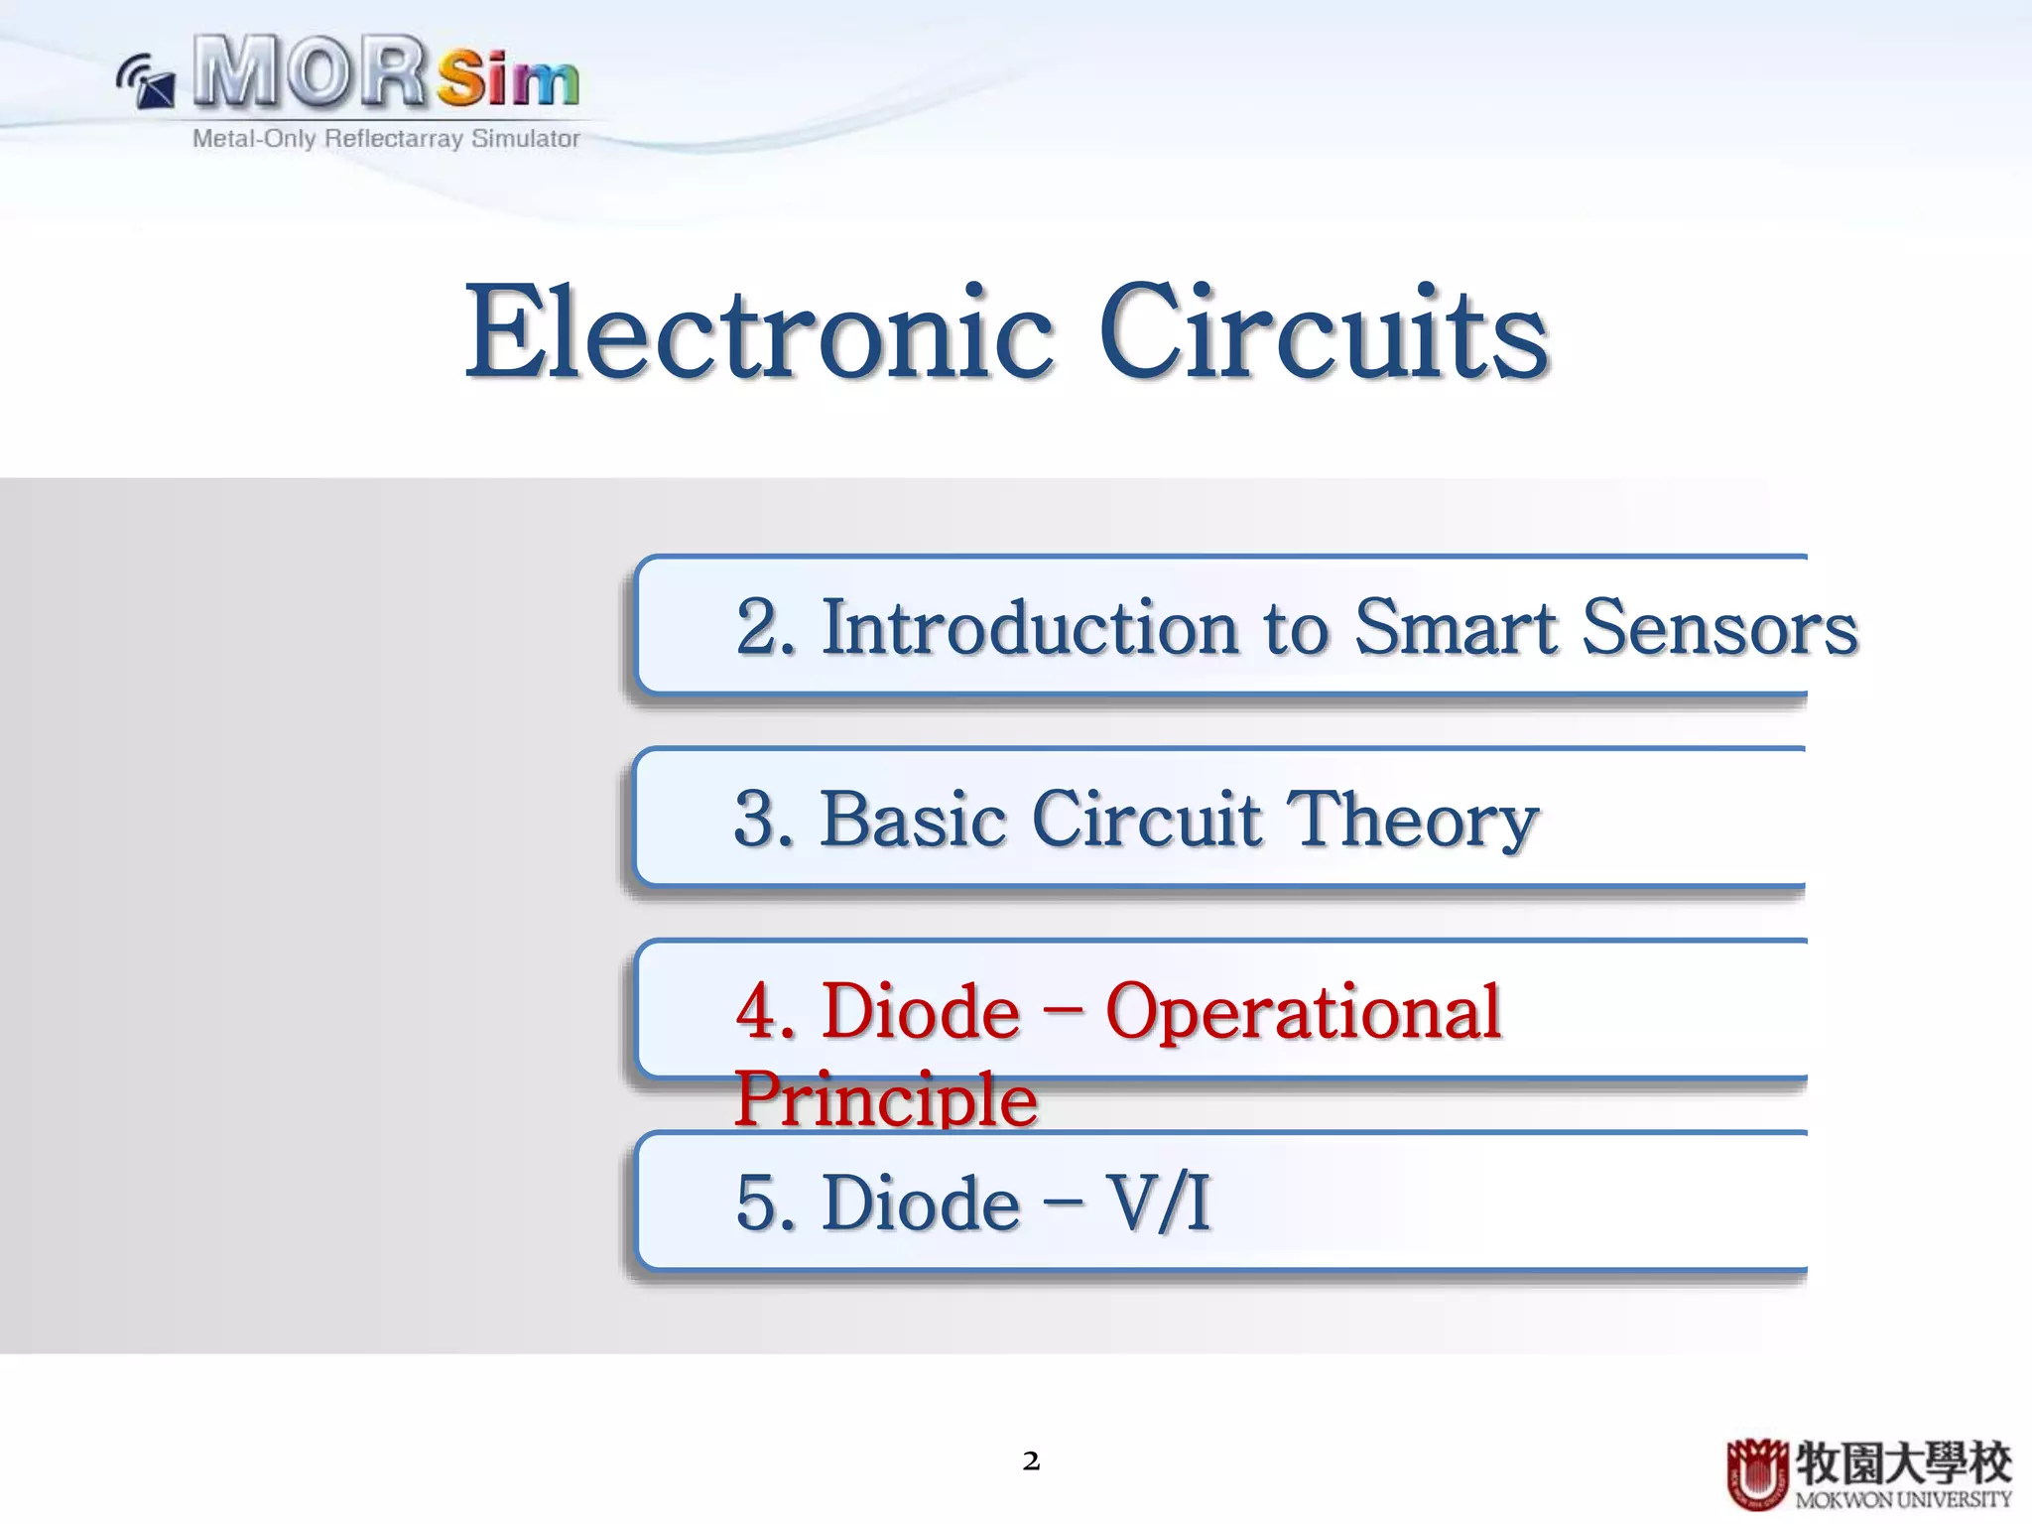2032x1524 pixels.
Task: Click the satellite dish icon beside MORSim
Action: (x=146, y=82)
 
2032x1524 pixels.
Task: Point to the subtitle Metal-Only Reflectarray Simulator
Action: (x=386, y=139)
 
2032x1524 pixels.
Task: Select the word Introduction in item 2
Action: (x=1030, y=628)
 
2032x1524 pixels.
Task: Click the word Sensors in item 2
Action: (x=1718, y=628)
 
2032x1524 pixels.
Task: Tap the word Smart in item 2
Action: (x=1455, y=628)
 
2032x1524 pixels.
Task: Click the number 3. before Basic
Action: (x=764, y=820)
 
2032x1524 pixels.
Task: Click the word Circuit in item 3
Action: (x=1146, y=820)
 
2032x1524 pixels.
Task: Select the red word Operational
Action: (x=1303, y=1013)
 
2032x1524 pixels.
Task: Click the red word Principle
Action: (x=885, y=1099)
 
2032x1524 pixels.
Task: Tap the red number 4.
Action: (x=764, y=1012)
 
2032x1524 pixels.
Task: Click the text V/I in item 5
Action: (x=1158, y=1204)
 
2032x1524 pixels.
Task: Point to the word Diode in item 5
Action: (x=921, y=1204)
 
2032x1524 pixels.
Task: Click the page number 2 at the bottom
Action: (x=1031, y=1460)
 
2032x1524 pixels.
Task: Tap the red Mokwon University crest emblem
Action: (x=1757, y=1473)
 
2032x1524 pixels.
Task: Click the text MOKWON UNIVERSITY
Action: (x=1903, y=1499)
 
